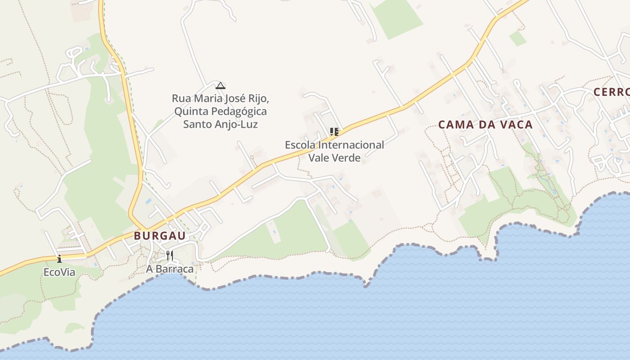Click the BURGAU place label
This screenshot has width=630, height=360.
pyautogui.click(x=160, y=236)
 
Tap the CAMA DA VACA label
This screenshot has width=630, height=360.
pyautogui.click(x=486, y=125)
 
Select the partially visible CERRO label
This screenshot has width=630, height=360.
pyautogui.click(x=612, y=92)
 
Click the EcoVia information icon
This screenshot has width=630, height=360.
pyautogui.click(x=59, y=259)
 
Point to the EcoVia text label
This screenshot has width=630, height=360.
pyautogui.click(x=59, y=272)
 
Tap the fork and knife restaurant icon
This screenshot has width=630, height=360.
pyautogui.click(x=170, y=256)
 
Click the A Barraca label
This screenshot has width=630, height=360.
pyautogui.click(x=170, y=269)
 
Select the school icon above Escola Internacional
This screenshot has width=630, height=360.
pyautogui.click(x=334, y=132)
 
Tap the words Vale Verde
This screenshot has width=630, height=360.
pyautogui.click(x=334, y=158)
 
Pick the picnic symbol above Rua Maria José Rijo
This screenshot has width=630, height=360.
pyautogui.click(x=220, y=85)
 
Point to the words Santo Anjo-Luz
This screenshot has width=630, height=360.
pyautogui.click(x=220, y=124)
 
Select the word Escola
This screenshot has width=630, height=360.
pyautogui.click(x=300, y=145)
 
